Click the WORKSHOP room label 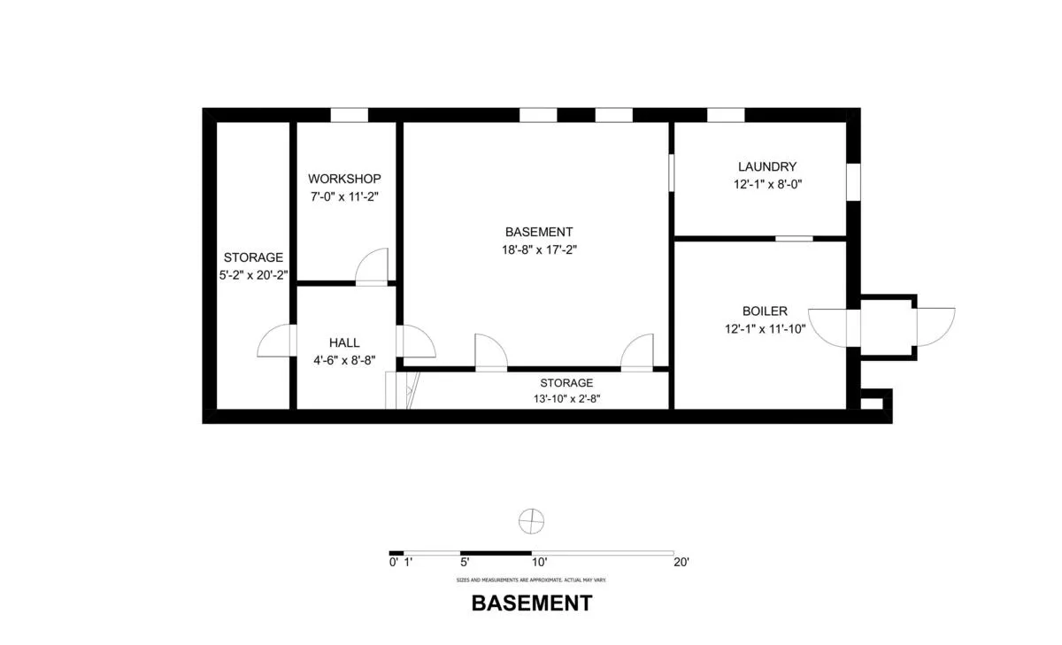345,179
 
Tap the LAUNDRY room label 767,166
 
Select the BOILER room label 765,311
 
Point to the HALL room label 344,342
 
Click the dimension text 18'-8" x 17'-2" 540,250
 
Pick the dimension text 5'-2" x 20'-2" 253,274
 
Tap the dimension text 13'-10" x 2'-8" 566,398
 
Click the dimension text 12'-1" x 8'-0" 767,184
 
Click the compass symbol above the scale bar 531,521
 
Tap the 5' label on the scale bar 465,562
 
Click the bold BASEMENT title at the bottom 531,603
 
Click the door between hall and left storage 274,342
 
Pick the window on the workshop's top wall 349,115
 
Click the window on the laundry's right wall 853,181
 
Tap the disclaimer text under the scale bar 531,580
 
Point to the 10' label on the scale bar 539,562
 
